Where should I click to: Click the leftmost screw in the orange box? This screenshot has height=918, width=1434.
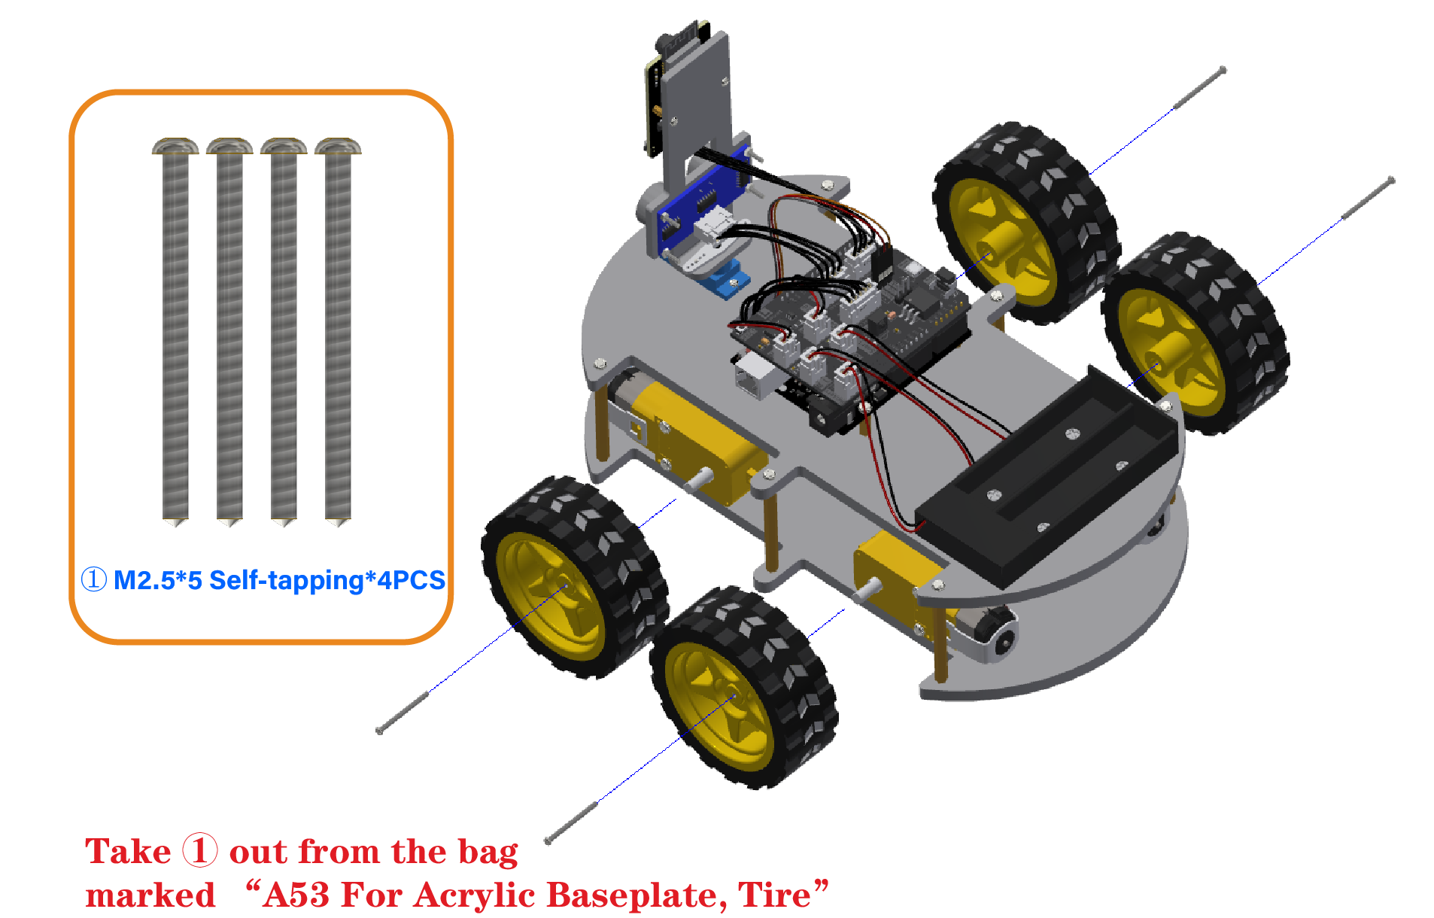point(175,331)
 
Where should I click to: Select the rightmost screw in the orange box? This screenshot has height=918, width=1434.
point(338,331)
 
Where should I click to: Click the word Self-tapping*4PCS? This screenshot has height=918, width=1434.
point(327,580)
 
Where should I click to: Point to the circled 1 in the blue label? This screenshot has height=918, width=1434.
point(94,579)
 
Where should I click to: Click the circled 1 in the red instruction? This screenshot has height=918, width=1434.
point(200,850)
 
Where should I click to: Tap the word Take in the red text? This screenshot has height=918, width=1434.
point(128,852)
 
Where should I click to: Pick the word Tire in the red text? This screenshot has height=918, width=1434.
point(774,895)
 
